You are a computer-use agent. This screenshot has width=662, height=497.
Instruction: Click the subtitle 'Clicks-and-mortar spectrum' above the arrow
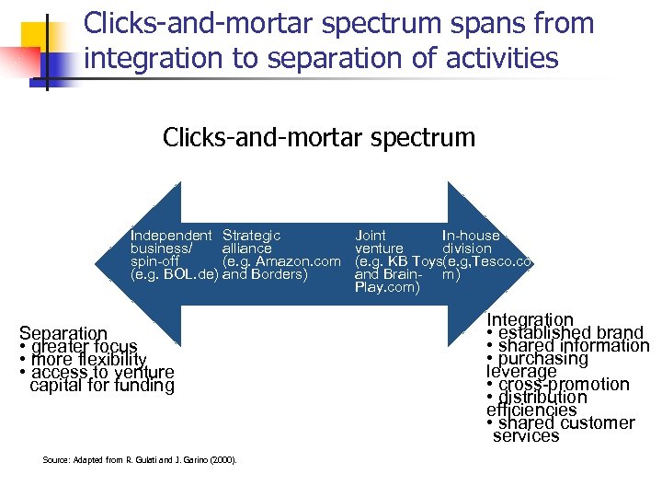click(319, 138)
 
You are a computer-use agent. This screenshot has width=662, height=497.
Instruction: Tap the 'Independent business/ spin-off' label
click(171, 248)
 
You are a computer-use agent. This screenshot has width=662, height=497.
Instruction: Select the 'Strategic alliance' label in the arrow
click(251, 242)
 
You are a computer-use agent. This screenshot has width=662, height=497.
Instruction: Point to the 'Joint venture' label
click(379, 242)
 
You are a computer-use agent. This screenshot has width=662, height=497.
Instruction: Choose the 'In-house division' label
click(470, 242)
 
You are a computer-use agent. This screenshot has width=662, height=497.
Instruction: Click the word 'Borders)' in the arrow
click(280, 274)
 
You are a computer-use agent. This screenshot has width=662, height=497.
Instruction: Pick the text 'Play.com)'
click(387, 287)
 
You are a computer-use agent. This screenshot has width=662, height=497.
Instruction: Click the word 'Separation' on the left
click(63, 333)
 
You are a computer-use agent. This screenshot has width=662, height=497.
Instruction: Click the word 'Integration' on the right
click(530, 319)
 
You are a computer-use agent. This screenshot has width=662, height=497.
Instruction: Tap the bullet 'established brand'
click(570, 332)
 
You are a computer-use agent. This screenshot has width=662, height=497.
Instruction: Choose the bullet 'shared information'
click(573, 346)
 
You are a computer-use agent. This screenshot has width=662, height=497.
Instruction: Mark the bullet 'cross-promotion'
click(564, 385)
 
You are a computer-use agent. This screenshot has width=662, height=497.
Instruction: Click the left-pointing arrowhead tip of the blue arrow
click(111, 261)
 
